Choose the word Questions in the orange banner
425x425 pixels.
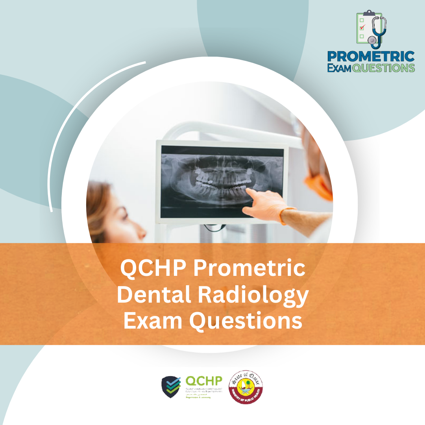tap(246, 321)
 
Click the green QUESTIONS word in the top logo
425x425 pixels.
tap(383, 68)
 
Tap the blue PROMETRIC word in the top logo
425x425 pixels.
tap(371, 56)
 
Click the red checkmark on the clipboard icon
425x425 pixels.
tap(362, 27)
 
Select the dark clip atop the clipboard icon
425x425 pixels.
tap(369, 13)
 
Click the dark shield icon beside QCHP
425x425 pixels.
tap(171, 387)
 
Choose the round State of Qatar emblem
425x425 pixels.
tap(246, 387)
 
